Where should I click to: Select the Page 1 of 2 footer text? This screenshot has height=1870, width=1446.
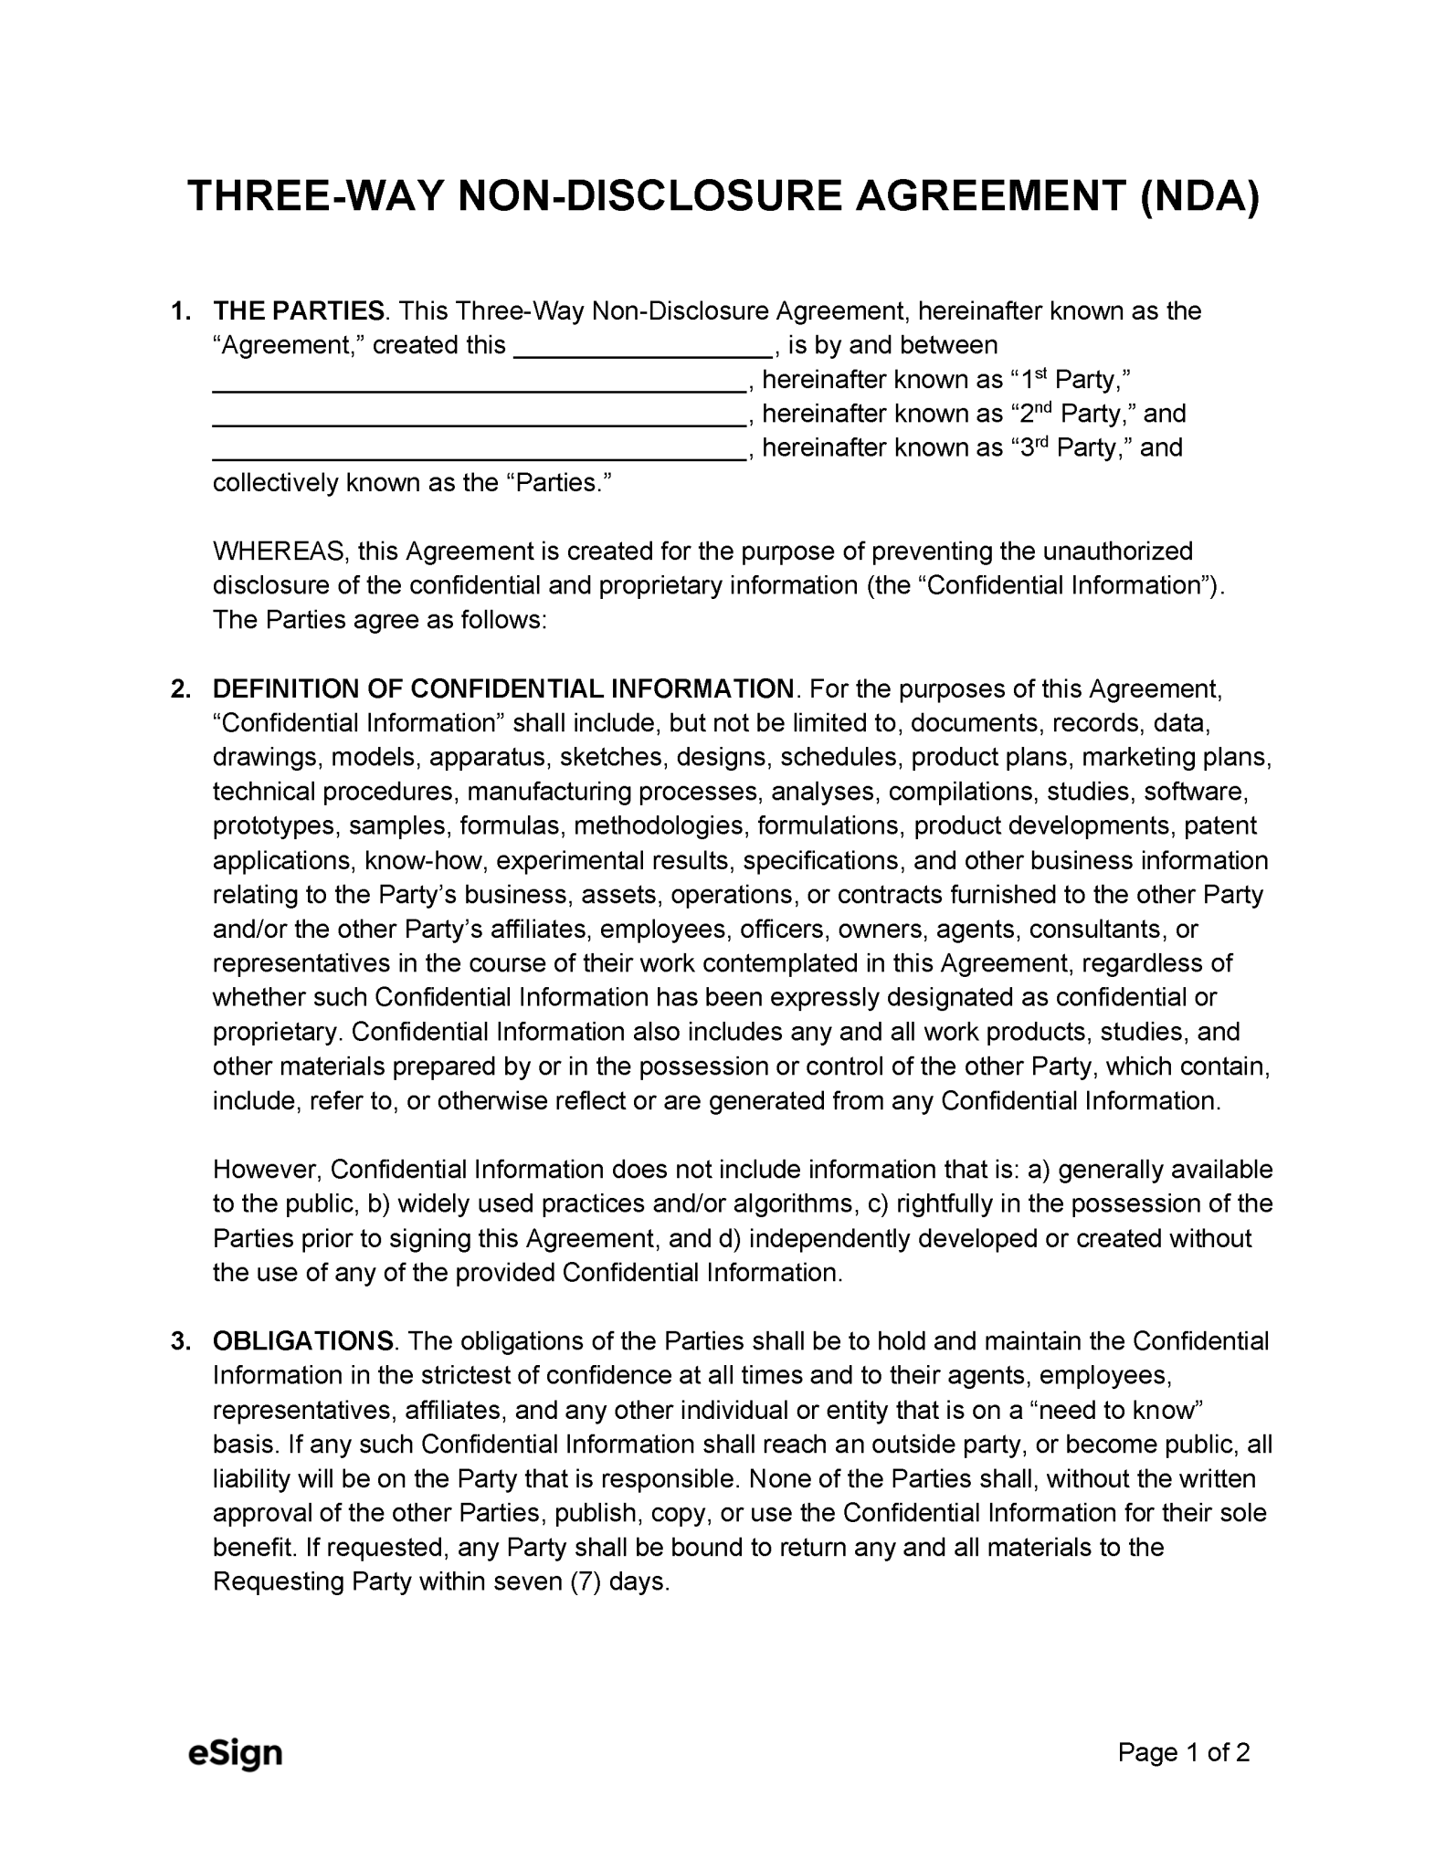click(1184, 1752)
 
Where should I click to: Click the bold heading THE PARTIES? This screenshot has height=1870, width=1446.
click(299, 311)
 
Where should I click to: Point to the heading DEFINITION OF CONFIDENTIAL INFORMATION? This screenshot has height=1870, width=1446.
click(503, 688)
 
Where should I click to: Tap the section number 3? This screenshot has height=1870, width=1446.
click(180, 1341)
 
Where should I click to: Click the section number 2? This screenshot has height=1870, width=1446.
click(180, 688)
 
